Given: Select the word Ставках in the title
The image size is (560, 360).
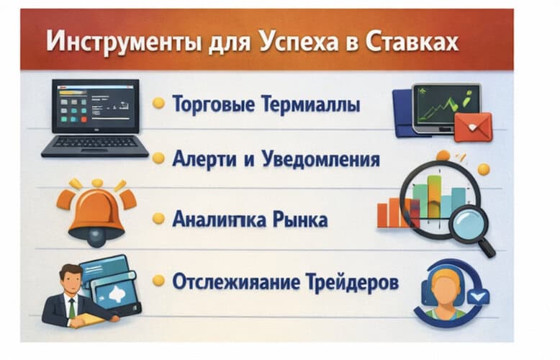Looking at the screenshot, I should click(410, 41).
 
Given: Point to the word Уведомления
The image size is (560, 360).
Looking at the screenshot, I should click(320, 158).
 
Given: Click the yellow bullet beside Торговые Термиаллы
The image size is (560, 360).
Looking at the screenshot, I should click(158, 104).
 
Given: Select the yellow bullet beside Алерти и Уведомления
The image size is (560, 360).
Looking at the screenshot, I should click(158, 158).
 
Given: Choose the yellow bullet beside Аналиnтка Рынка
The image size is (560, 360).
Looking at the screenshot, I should click(158, 219).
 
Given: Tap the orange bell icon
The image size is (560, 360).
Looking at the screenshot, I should click(96, 212).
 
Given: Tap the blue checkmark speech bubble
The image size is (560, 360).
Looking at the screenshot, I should click(477, 295).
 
